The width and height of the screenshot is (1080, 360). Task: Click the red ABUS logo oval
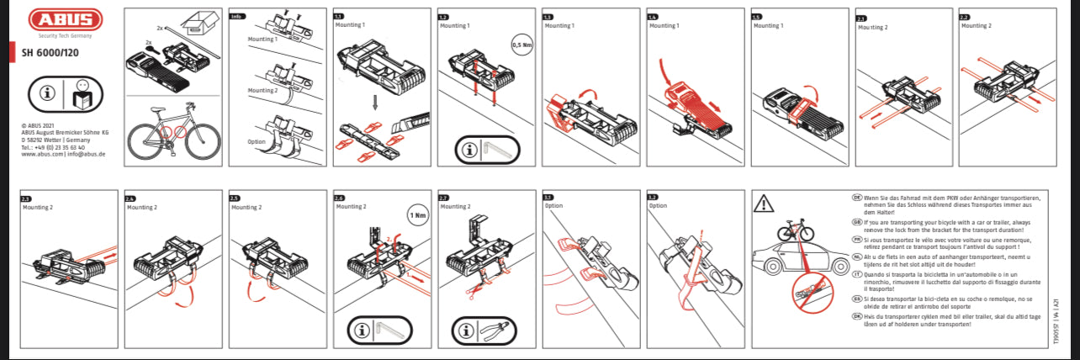pyautogui.click(x=65, y=20)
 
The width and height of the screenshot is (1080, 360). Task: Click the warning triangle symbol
pyautogui.click(x=763, y=203)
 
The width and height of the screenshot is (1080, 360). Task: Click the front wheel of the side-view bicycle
pyautogui.click(x=200, y=140)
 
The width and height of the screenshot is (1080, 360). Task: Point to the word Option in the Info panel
pyautogui.click(x=258, y=141)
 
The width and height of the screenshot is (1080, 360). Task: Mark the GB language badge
pyautogui.click(x=857, y=222)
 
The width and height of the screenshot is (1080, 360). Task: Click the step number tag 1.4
pyautogui.click(x=652, y=17)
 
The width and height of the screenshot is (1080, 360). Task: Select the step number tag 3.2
pyautogui.click(x=652, y=197)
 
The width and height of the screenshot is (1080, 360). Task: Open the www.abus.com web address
pyautogui.click(x=39, y=155)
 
